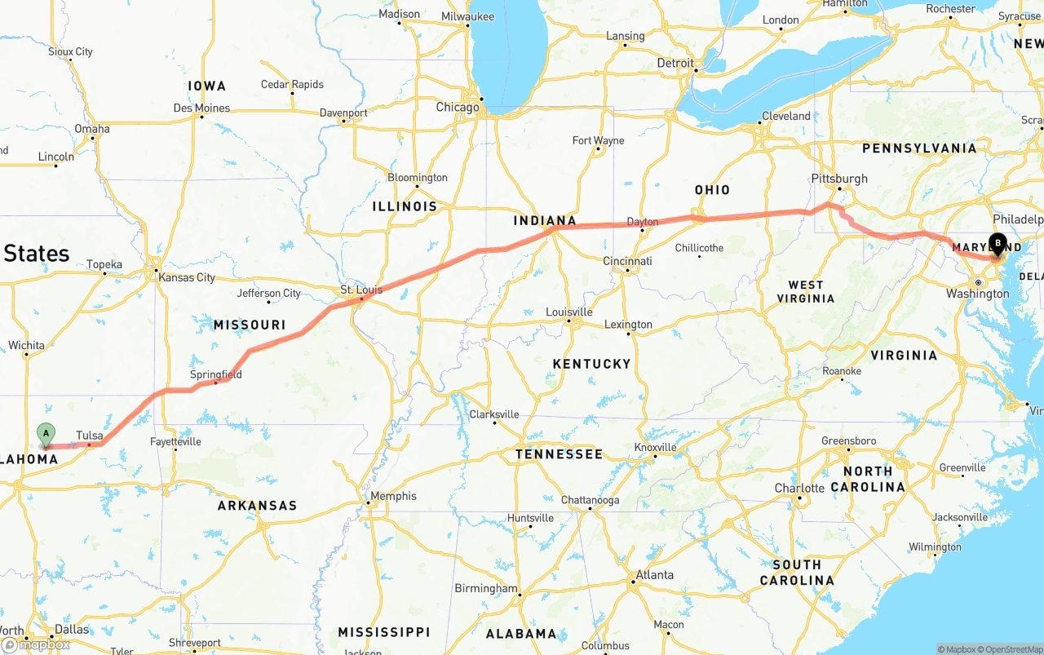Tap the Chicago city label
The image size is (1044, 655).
pos(458,108)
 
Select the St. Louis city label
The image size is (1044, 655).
pos(361,290)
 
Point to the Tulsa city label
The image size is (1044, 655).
pos(90,436)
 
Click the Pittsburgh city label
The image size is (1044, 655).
pos(839,179)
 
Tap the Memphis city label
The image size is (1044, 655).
pos(393,496)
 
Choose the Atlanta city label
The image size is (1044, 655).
pos(654,574)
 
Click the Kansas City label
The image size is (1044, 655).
pos(187,277)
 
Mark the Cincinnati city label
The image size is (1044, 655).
pos(627,261)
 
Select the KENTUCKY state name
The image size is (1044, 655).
pos(591,364)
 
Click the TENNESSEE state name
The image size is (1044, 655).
pos(559,454)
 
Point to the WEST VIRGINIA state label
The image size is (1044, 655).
pos(806,291)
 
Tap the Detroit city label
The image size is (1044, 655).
pos(675,63)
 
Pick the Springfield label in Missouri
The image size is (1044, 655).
pos(216,374)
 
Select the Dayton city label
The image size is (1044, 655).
pos(643,222)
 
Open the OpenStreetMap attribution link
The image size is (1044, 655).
pos(1013,649)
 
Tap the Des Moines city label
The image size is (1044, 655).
pos(201,108)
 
